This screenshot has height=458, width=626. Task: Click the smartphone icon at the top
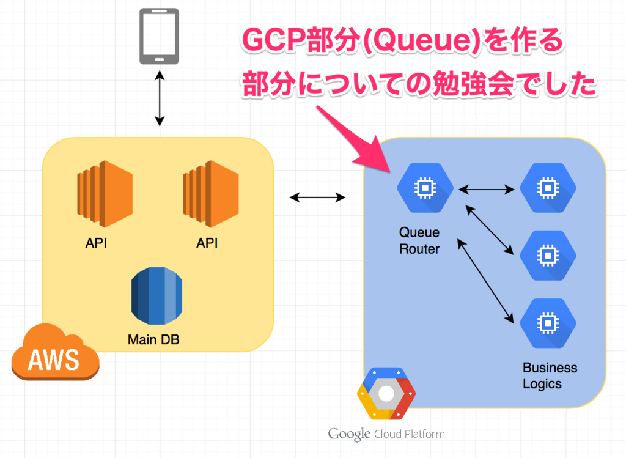[x=160, y=36]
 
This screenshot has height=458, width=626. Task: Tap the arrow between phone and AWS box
[x=160, y=98]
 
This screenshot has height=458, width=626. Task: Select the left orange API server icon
[x=105, y=194]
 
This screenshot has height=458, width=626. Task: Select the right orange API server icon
[x=211, y=194]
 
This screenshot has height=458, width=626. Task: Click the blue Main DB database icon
[x=156, y=296]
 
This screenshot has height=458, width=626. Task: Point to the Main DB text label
[x=153, y=340]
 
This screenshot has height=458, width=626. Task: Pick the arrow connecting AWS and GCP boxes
[x=317, y=197]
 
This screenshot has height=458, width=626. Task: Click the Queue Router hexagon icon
[x=425, y=187]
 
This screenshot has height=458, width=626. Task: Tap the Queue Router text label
[x=419, y=241]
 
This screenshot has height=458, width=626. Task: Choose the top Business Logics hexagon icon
[x=548, y=187]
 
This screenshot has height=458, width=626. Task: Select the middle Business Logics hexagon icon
[x=548, y=255]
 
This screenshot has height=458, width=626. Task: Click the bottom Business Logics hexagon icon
[x=548, y=323]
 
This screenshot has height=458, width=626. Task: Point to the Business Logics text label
[x=550, y=375]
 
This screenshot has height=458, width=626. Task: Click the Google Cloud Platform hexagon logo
[x=386, y=394]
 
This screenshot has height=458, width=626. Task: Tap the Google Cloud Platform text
[x=386, y=434]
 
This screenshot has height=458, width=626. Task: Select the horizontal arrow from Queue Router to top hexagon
[x=486, y=190]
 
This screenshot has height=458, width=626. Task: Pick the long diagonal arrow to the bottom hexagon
[x=485, y=281]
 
